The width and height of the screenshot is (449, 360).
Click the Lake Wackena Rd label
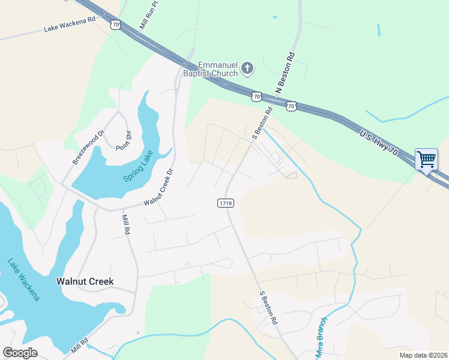(x=70, y=24)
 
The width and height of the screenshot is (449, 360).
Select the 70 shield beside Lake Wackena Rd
(x=116, y=25)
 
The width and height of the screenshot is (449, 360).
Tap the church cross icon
(x=247, y=70)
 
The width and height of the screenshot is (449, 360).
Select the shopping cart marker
(x=426, y=160)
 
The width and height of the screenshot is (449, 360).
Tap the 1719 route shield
(x=225, y=204)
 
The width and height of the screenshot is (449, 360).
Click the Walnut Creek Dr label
(x=158, y=187)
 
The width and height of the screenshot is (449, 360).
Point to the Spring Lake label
(x=139, y=166)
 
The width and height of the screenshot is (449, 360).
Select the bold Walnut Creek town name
(x=85, y=281)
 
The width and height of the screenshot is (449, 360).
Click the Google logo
(x=20, y=352)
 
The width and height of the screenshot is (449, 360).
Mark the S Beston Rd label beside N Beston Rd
(x=262, y=123)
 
